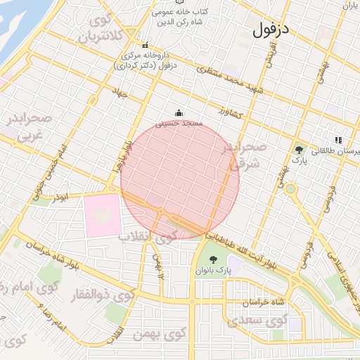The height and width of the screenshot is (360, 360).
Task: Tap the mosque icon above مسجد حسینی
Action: [179, 112]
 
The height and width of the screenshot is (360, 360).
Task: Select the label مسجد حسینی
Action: [182, 123]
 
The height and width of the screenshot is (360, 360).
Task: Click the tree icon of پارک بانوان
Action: [214, 259]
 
